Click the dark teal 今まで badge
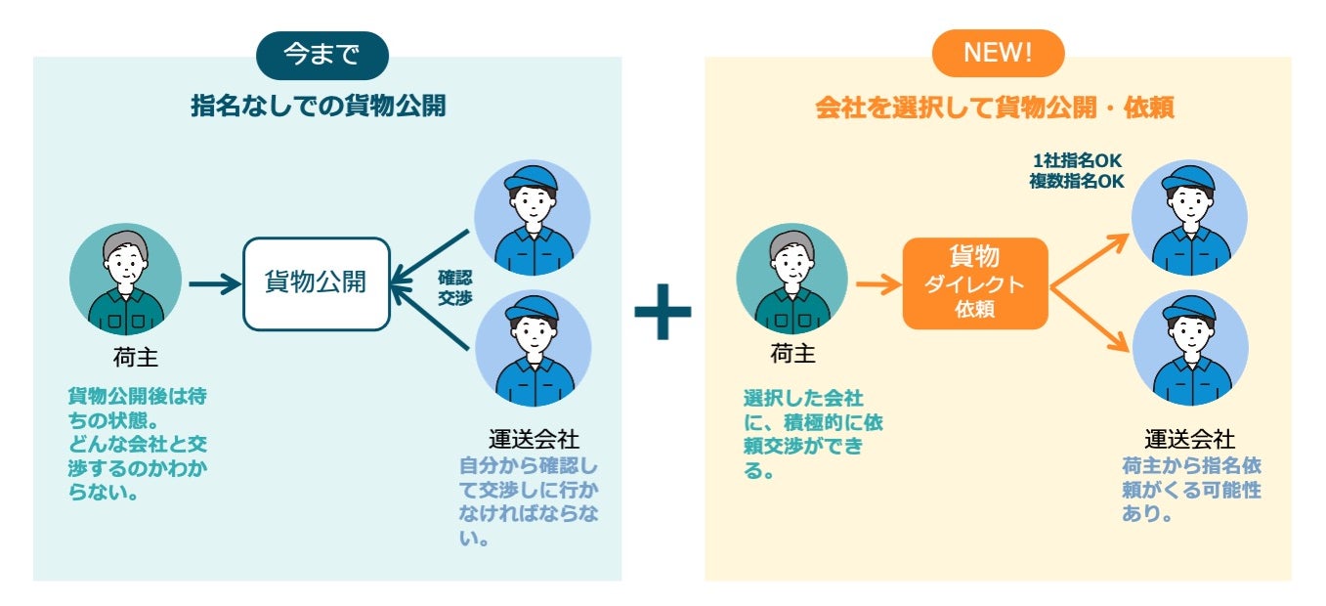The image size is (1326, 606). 321,55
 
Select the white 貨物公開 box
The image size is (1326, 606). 316,283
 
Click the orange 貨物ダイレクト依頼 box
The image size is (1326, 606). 974,283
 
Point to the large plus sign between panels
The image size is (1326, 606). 663,312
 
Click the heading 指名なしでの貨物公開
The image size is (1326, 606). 319,107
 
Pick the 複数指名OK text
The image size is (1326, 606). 1076,181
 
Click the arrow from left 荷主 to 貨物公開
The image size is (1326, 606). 214,284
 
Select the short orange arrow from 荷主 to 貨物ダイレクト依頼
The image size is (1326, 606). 877,285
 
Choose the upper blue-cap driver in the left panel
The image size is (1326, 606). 532,216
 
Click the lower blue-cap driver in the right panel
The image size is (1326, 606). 1190,348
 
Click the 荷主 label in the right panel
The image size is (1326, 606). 792,355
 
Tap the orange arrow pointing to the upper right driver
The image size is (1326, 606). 1089,258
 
